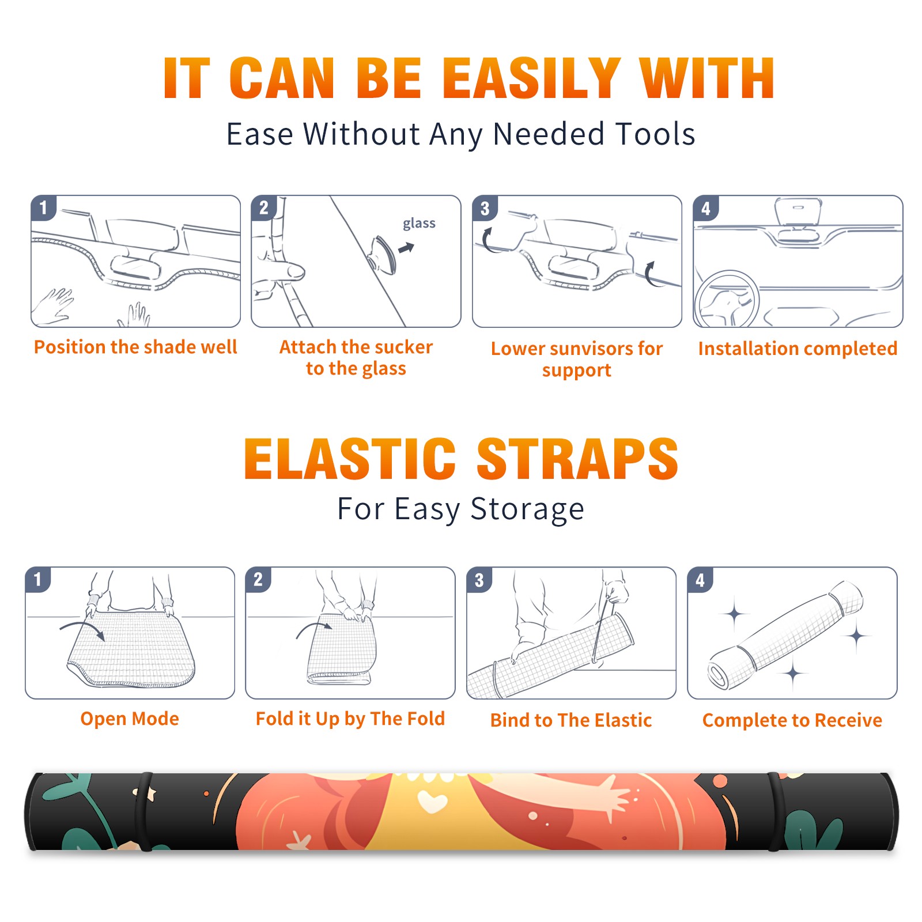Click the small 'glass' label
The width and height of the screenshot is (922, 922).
click(x=419, y=224)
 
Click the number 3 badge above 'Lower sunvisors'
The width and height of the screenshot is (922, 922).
click(x=485, y=208)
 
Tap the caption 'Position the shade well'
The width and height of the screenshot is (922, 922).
click(x=135, y=347)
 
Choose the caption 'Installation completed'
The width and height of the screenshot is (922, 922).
click(x=798, y=348)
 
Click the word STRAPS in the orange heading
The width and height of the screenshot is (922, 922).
click(x=577, y=459)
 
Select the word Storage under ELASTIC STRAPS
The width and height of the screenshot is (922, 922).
click(x=527, y=509)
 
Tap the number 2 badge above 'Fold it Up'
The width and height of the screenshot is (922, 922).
click(x=258, y=580)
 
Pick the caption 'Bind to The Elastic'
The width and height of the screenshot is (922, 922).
click(x=571, y=720)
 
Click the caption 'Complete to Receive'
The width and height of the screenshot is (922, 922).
click(x=792, y=720)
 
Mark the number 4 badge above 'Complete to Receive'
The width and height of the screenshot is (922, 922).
click(x=700, y=580)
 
